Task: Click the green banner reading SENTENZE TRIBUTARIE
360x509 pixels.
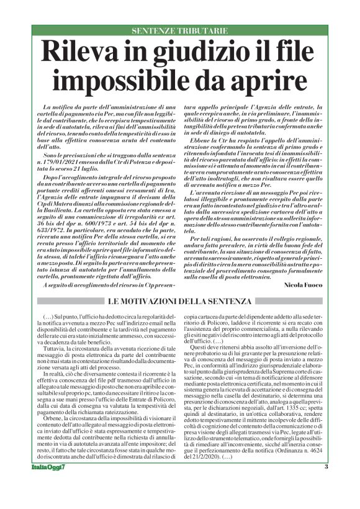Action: (x=179, y=30)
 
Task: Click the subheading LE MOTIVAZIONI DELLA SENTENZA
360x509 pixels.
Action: (x=180, y=301)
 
